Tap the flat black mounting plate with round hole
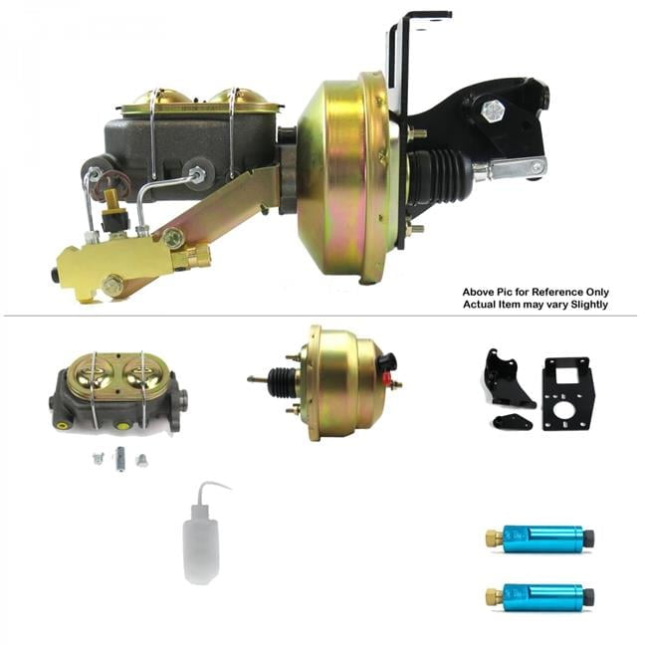click(567, 394)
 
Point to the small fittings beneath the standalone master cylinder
click(119, 459)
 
